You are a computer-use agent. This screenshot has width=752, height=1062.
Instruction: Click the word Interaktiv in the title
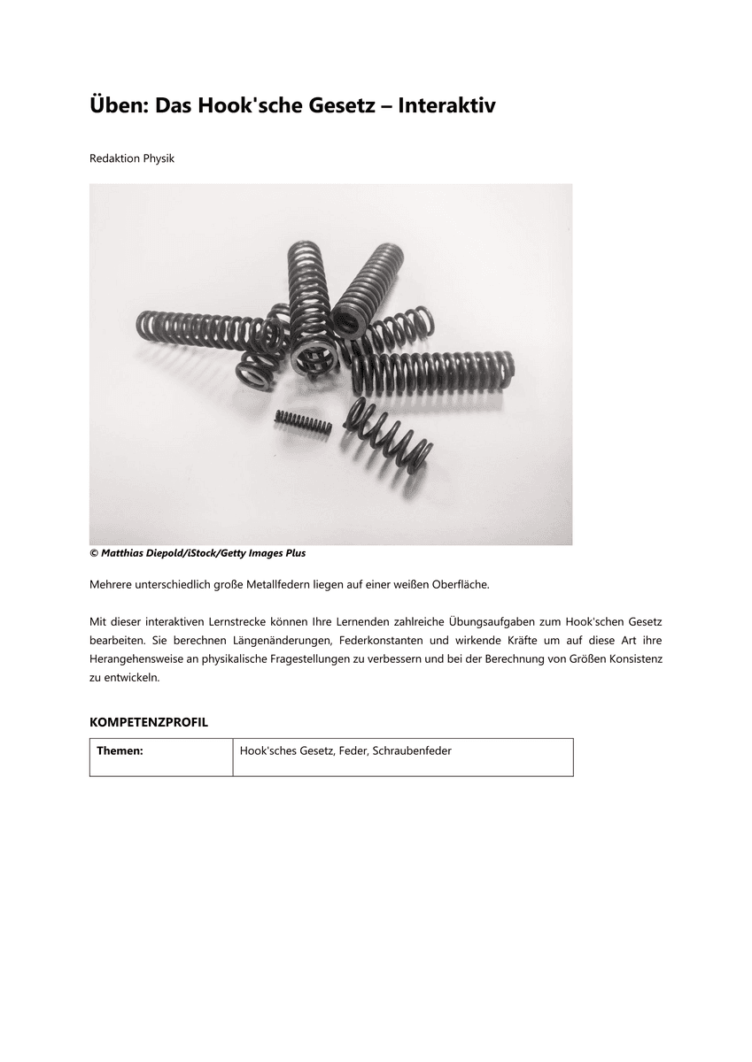446,106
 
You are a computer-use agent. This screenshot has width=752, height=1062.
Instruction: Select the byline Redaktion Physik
132,158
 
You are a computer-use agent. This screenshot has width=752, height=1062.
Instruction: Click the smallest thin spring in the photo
303,422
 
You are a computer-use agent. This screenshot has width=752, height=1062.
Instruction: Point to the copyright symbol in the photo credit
93,553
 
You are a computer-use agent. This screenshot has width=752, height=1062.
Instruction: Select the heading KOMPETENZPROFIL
149,722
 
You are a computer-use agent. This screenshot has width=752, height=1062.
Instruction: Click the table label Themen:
120,750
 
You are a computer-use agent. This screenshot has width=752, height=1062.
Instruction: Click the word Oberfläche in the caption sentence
458,585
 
